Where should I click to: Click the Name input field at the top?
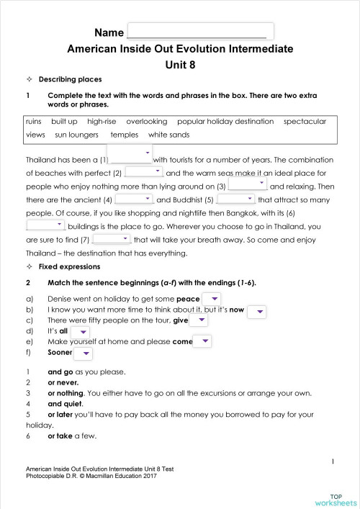199,32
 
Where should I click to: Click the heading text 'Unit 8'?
180,63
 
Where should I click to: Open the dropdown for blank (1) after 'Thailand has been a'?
131,155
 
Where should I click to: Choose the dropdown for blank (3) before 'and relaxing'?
247,184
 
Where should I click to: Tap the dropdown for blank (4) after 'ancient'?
134,198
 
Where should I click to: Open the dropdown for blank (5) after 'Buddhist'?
235,198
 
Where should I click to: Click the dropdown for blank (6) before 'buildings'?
45,225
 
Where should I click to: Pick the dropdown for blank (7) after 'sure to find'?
111,238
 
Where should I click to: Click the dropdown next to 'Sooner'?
84,353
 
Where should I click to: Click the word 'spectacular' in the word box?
305,122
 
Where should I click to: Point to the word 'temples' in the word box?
124,135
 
